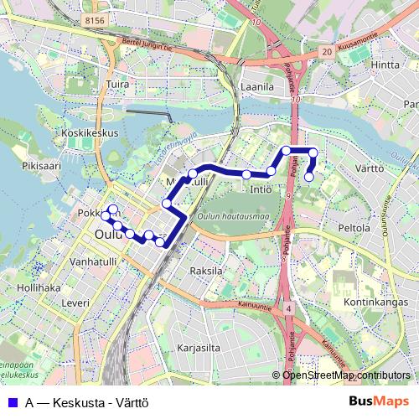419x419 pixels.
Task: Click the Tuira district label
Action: coord(118,85)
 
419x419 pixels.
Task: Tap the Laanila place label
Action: coord(257,86)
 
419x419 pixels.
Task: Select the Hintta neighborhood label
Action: coord(385,65)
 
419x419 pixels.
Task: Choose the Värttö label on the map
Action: coord(369,168)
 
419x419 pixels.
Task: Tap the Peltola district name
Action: coord(354,227)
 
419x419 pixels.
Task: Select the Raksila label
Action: coord(207,271)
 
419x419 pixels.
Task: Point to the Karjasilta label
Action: coord(199,346)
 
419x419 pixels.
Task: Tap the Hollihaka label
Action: coord(38,287)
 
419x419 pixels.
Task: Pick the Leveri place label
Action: coord(75,302)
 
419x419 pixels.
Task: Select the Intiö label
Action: coord(261,190)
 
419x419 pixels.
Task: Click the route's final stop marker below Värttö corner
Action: coord(309,177)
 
